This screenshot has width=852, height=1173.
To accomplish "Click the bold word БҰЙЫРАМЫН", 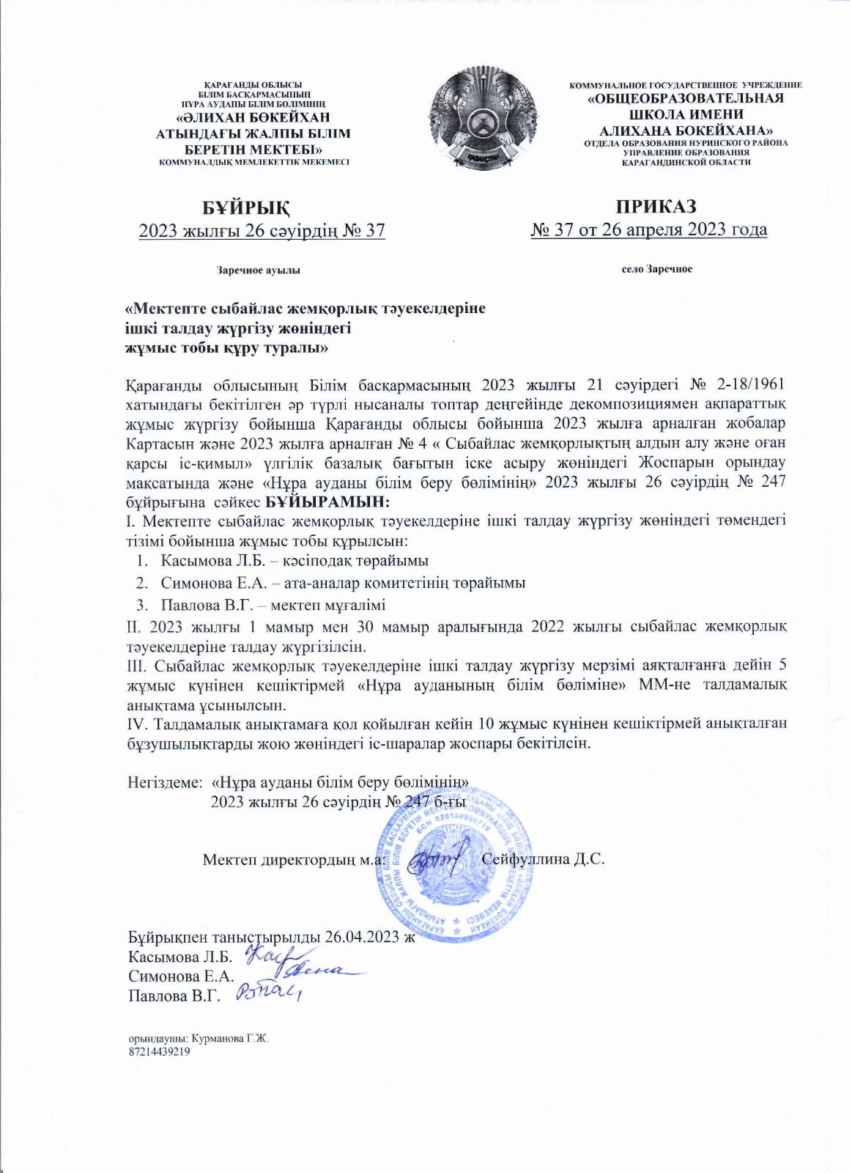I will (327, 502).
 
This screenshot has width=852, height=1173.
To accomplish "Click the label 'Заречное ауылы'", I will (259, 271).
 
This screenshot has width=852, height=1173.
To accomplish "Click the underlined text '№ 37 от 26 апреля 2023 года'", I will (649, 230).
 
